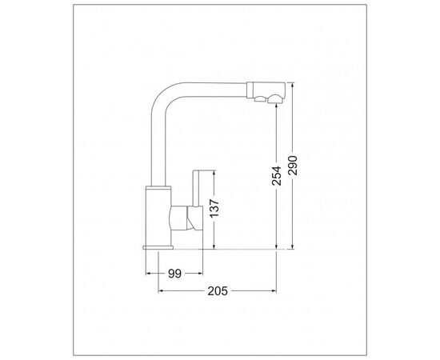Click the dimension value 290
293,166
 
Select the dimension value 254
277,176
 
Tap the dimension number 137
214,208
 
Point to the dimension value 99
175,274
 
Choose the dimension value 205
218,291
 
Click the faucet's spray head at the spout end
266,92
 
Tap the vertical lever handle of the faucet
196,189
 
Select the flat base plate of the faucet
158,247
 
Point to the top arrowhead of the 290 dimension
293,85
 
